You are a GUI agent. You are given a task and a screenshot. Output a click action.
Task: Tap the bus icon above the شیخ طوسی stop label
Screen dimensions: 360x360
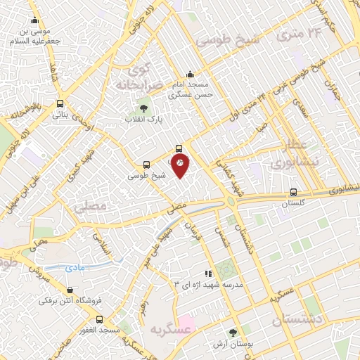click(x=146, y=165)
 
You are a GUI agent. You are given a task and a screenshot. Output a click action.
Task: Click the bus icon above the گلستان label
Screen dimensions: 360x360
click(x=293, y=192)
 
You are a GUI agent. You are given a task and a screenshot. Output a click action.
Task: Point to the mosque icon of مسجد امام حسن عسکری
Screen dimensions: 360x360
click(x=189, y=75)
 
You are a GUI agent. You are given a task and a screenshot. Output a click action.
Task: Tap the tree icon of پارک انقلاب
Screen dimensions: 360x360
click(x=143, y=108)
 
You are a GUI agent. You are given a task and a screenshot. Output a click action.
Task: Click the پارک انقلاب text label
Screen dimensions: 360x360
click(x=143, y=120)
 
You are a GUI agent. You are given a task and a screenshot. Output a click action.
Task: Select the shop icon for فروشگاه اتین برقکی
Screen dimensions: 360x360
click(x=70, y=290)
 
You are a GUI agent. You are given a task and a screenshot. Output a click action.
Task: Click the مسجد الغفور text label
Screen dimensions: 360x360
click(x=83, y=330)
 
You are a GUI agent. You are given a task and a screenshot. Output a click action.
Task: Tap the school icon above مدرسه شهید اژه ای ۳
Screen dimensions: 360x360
click(x=207, y=274)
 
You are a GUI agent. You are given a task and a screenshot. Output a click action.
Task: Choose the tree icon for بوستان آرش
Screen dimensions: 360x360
click(x=232, y=333)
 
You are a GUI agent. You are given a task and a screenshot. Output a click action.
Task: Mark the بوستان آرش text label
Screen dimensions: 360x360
click(x=232, y=345)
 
